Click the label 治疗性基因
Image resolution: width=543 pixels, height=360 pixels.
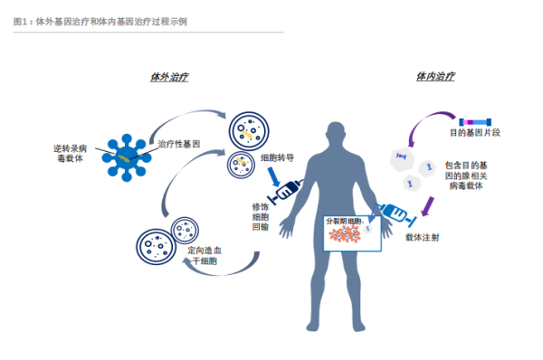178,144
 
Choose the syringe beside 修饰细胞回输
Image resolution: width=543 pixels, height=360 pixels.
285,192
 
